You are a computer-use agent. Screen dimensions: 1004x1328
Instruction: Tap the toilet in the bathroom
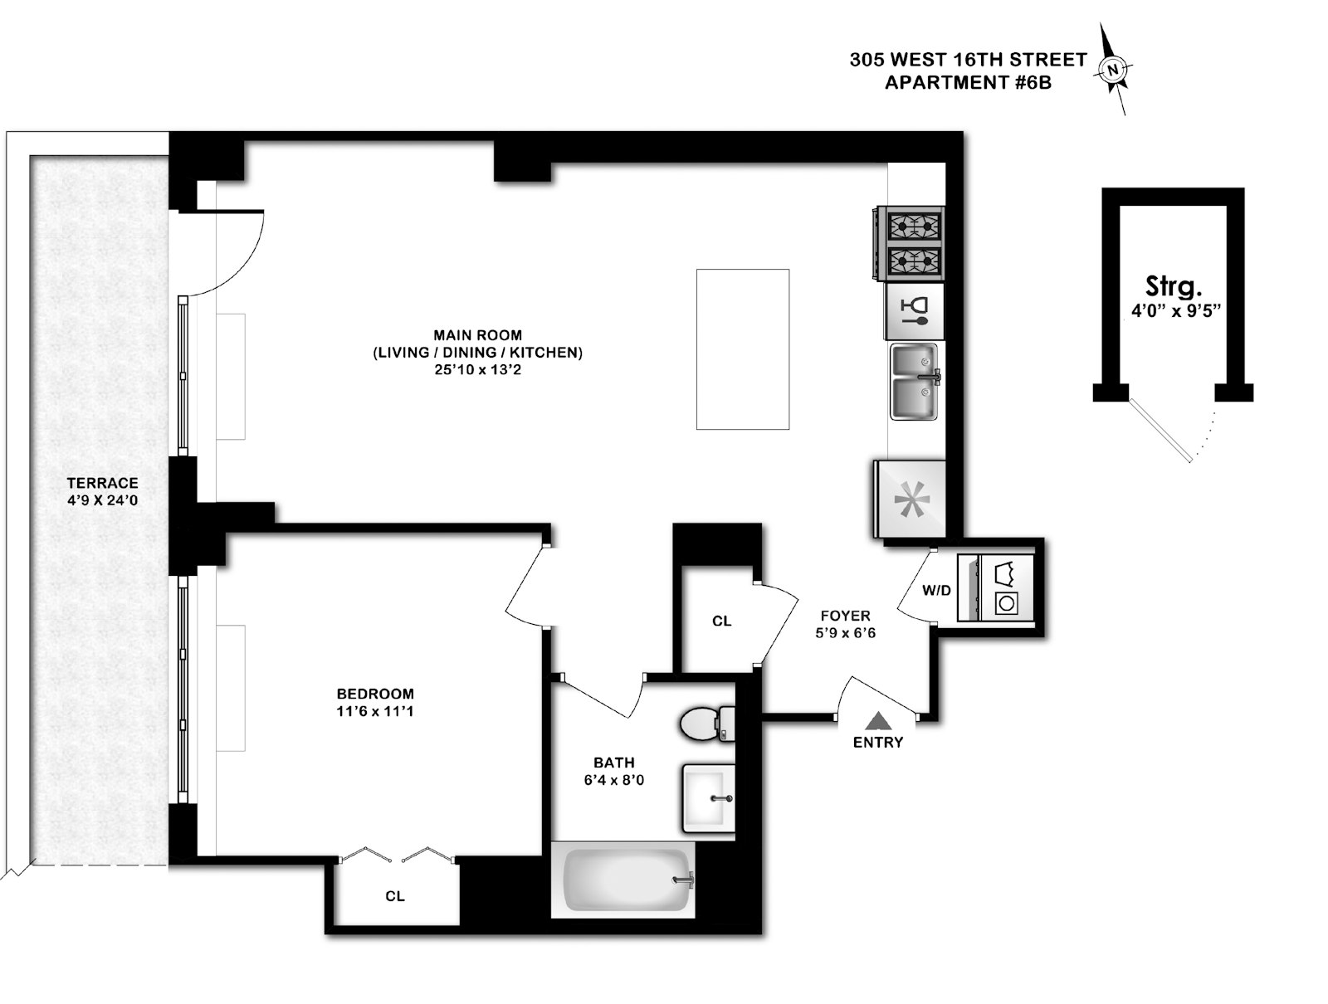pos(705,724)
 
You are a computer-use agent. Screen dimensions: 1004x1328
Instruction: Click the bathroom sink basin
pos(708,798)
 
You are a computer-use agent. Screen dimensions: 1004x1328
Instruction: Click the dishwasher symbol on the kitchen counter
pos(915,311)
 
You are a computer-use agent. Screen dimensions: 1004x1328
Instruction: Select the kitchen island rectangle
pos(742,348)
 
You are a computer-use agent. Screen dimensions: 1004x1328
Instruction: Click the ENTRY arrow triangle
pos(878,721)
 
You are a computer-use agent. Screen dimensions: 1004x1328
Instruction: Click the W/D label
pos(936,591)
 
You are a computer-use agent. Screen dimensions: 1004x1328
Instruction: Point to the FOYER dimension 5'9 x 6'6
pos(846,633)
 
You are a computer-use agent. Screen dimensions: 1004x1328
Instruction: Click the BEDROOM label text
pos(375,694)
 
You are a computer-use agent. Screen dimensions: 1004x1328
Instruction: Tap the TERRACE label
pos(103,483)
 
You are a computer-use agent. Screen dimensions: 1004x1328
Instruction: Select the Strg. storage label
pos(1174,287)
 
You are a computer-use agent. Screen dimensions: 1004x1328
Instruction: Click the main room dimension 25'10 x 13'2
pos(477,369)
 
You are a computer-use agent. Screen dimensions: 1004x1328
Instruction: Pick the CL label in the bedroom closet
pos(395,896)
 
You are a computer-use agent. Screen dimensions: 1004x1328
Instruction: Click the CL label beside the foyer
pos(722,621)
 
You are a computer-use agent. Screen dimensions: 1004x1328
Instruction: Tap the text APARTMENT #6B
pos(968,82)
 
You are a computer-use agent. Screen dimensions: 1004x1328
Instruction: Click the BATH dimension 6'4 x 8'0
pos(614,780)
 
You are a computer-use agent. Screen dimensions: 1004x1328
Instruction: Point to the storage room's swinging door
pos(1162,430)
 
